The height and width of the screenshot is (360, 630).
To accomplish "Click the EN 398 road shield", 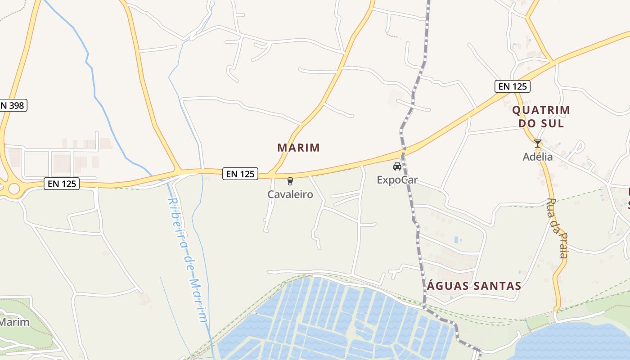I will click(x=13, y=106).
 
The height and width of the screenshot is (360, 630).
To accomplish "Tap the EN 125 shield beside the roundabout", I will click(x=62, y=184).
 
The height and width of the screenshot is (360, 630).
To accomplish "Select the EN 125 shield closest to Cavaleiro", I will click(x=240, y=174).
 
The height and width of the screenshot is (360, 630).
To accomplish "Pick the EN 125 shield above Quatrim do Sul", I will click(x=512, y=86).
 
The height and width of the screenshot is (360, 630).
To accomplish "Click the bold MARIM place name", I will click(x=298, y=148).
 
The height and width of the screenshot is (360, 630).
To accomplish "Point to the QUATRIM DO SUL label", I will click(x=541, y=117).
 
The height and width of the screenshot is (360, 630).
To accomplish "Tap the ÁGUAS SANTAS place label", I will click(x=474, y=286).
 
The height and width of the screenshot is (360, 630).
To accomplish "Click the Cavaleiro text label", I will click(x=290, y=194).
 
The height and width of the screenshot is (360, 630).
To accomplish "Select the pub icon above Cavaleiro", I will click(x=290, y=181).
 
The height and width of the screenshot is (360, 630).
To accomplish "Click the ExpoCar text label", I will click(x=397, y=180).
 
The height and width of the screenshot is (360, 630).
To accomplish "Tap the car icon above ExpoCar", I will click(x=397, y=167).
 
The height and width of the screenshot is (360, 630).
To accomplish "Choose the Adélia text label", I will click(x=538, y=157).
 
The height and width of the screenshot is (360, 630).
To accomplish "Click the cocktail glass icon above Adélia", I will click(x=538, y=144).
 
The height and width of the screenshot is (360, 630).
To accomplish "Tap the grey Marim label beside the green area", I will click(x=14, y=322).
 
